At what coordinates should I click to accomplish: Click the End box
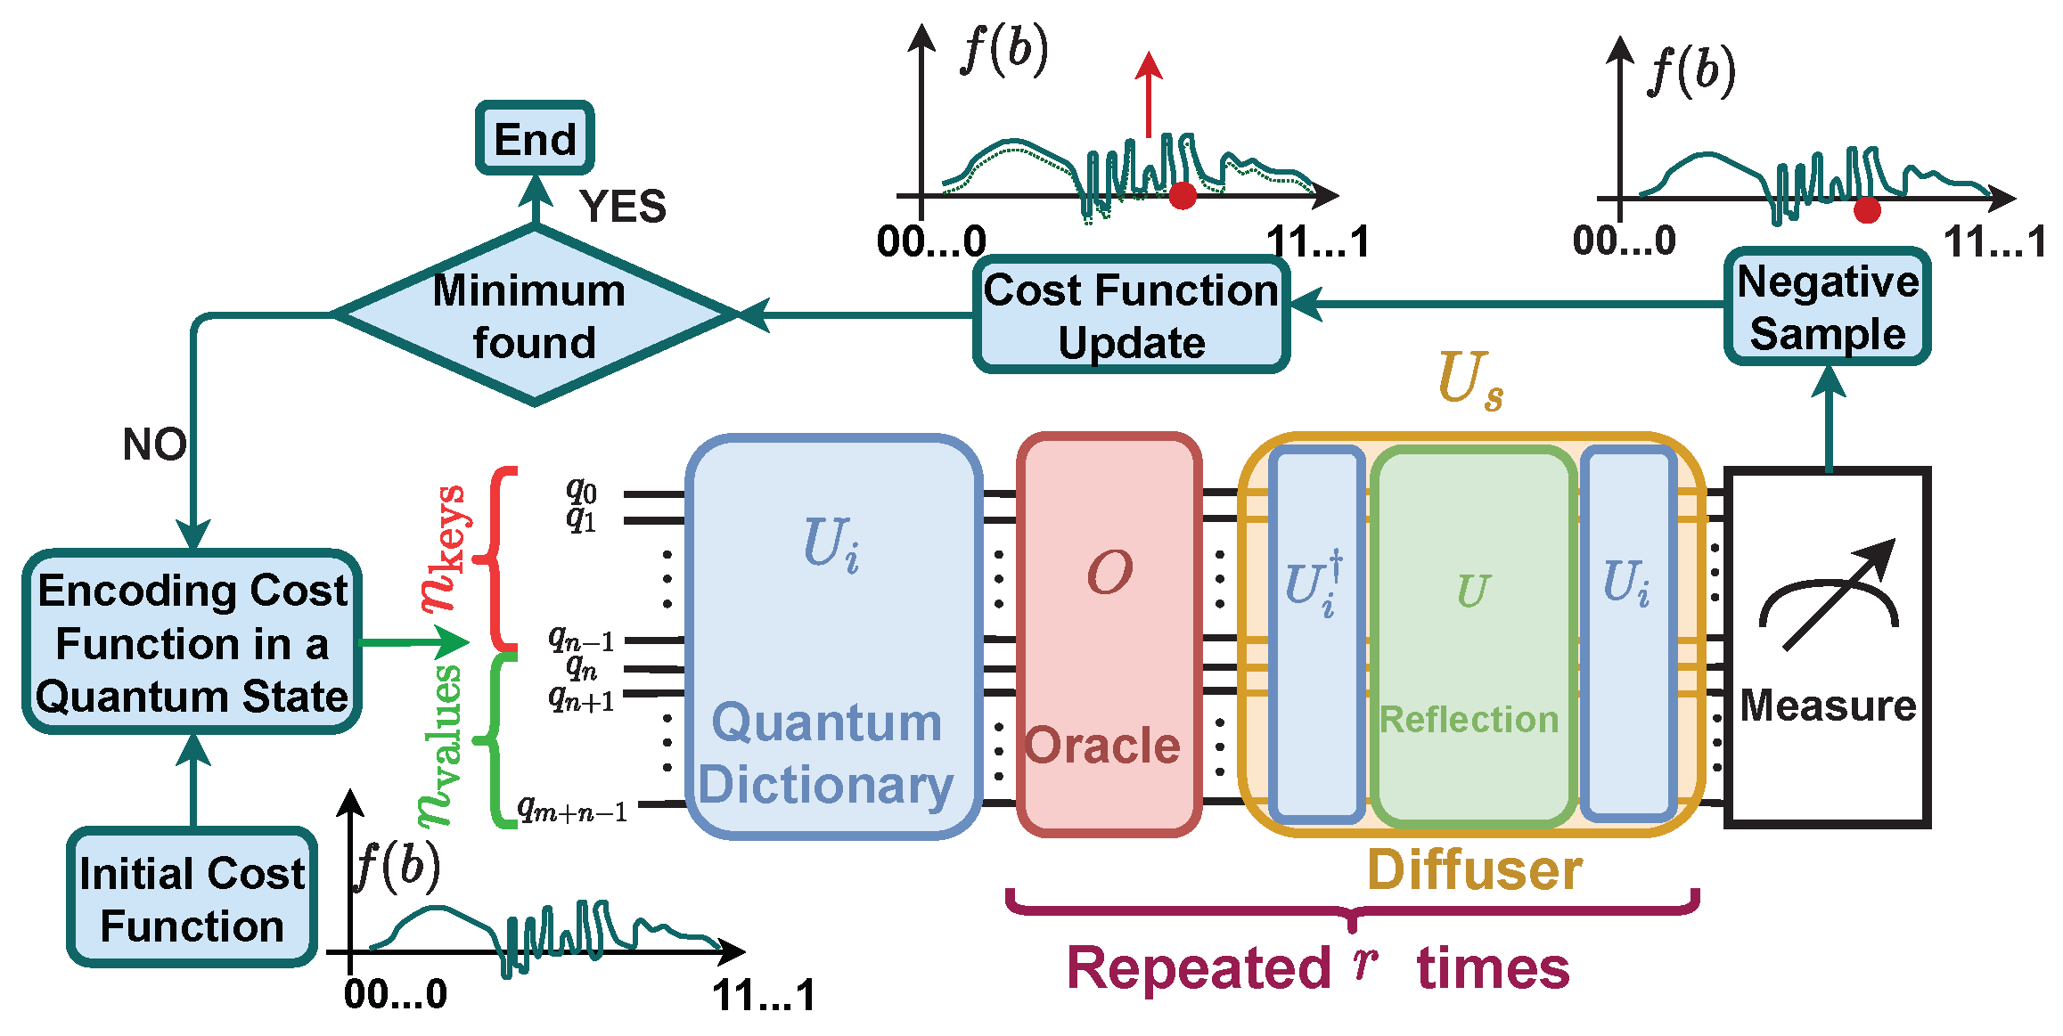(535, 138)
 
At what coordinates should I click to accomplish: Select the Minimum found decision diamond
(533, 315)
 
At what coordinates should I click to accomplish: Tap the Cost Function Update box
(1131, 315)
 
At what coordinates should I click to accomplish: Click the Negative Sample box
(1827, 306)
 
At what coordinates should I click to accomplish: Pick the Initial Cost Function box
(192, 898)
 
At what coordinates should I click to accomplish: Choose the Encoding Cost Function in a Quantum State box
(192, 642)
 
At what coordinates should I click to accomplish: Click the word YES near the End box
(623, 207)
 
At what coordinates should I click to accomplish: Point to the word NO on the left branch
(154, 444)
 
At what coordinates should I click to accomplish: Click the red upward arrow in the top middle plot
(1149, 94)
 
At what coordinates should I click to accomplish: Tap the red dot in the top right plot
(1866, 211)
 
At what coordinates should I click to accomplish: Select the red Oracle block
(1109, 634)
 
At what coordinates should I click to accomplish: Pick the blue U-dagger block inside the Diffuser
(1316, 634)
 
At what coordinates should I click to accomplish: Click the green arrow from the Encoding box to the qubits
(414, 640)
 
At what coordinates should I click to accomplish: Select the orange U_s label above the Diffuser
(1470, 380)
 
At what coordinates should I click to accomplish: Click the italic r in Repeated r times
(1363, 963)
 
